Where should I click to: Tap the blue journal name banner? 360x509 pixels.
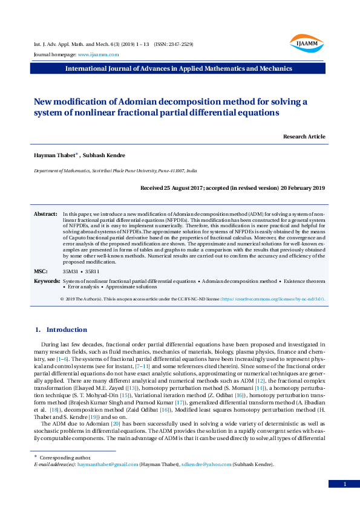tap(179, 69)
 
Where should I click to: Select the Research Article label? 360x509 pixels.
tap(304, 137)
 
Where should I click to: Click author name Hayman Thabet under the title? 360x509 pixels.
tap(53, 156)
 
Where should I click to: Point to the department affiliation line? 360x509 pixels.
tap(115, 172)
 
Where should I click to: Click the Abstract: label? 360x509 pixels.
tap(45, 215)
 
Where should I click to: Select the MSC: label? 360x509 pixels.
tap(40, 271)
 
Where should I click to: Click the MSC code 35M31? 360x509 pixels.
tap(70, 272)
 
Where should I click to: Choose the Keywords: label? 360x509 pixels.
tap(47, 282)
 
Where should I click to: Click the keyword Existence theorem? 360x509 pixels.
tap(306, 282)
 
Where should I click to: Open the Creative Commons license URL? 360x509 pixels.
tap(272, 299)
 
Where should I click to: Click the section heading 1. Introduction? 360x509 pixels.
tap(61, 329)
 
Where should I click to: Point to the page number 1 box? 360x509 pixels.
tap(344, 484)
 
